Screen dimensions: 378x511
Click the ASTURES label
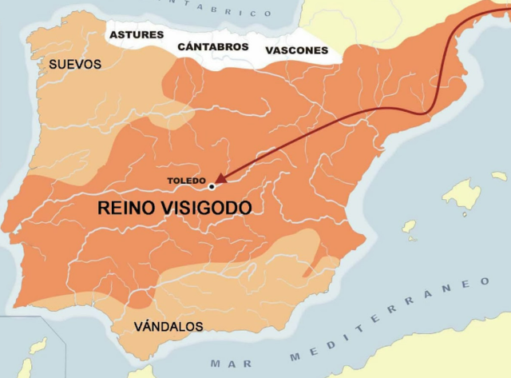pyautogui.click(x=136, y=35)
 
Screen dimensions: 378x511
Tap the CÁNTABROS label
pyautogui.click(x=213, y=47)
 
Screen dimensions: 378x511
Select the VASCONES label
pyautogui.click(x=296, y=50)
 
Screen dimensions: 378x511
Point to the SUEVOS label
pyautogui.click(x=75, y=64)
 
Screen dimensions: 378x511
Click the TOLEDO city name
pyautogui.click(x=186, y=181)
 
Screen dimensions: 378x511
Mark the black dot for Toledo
pyautogui.click(x=212, y=186)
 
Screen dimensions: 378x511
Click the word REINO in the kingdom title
pyautogui.click(x=129, y=209)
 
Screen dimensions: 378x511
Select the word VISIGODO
pyautogui.click(x=208, y=209)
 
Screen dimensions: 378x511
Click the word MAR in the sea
pyautogui.click(x=226, y=363)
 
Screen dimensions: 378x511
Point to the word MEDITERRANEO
pyautogui.click(x=391, y=321)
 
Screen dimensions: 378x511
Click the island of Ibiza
pyautogui.click(x=409, y=227)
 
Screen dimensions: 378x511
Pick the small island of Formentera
pyautogui.click(x=411, y=239)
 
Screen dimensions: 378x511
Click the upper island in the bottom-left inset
pyautogui.click(x=38, y=345)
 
